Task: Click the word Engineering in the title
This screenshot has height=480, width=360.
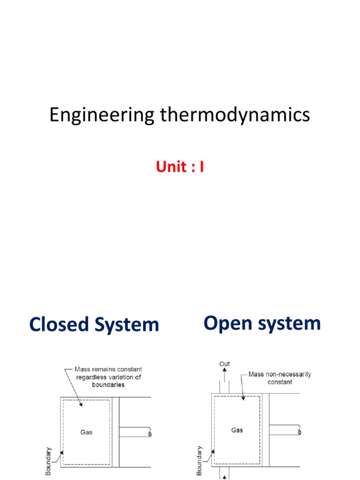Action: click(x=102, y=115)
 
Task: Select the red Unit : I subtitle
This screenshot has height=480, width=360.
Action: click(x=180, y=167)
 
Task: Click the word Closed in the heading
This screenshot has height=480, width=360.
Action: click(x=59, y=324)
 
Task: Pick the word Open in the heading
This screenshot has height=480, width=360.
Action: click(x=228, y=323)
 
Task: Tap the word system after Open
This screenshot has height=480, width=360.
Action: click(x=290, y=323)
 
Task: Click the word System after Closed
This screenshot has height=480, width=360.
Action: click(x=127, y=325)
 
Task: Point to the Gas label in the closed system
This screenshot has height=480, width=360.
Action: click(x=86, y=432)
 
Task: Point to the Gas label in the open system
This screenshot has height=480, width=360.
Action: click(x=237, y=430)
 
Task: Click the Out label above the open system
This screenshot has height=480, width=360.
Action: click(x=225, y=364)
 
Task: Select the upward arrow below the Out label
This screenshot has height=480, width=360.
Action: click(x=225, y=375)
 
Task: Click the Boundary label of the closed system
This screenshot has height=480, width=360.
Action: click(x=48, y=461)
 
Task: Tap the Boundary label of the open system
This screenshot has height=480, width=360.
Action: click(x=199, y=460)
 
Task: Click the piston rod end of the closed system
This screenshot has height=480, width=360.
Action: click(x=150, y=432)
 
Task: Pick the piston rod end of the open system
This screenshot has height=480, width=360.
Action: click(x=300, y=430)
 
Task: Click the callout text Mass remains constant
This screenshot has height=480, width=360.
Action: click(x=108, y=369)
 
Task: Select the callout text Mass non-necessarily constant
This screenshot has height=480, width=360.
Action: click(x=280, y=378)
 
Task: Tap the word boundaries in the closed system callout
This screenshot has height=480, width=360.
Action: click(x=108, y=385)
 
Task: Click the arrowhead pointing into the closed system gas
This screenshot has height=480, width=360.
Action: click(x=81, y=404)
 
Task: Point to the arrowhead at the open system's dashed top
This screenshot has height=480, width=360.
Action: click(x=243, y=398)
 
